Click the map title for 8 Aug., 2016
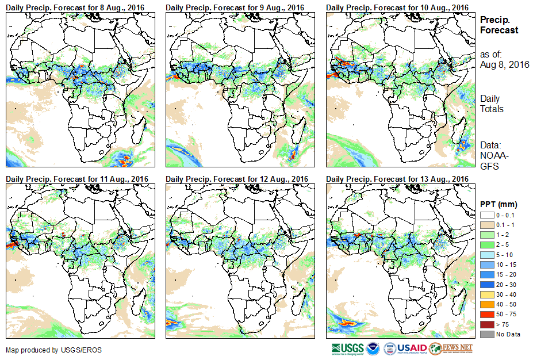coord(75,7)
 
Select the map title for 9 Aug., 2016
coord(235,7)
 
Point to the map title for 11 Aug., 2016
coord(77,179)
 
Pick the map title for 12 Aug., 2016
coord(237,179)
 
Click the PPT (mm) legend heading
coord(499,204)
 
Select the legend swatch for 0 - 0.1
coord(486,215)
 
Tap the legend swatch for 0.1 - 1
coord(486,224)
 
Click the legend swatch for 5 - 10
coord(486,254)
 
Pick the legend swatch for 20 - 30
coord(486,284)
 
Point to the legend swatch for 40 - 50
coord(486,304)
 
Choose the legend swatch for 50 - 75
coord(486,314)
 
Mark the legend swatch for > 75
coord(486,324)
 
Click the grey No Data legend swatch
coord(486,334)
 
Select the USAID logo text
coord(412,348)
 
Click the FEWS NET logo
coord(451,348)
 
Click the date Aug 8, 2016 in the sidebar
coord(505,64)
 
